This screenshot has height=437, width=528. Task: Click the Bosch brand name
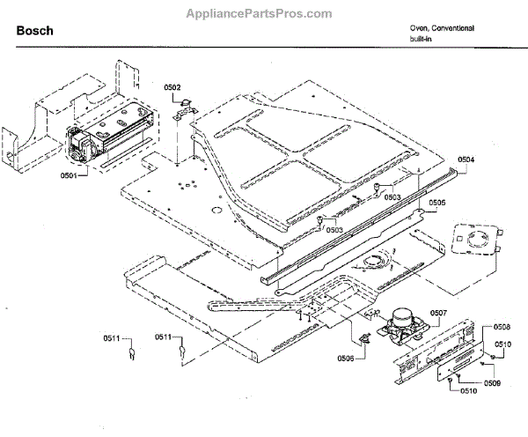pos(35,31)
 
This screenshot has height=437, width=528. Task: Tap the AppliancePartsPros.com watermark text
pos(260,14)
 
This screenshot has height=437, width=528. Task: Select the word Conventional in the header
pos(454,28)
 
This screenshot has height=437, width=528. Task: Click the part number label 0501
pos(69,175)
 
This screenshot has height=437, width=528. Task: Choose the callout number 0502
pos(172,86)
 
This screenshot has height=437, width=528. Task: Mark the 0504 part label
pos(466,159)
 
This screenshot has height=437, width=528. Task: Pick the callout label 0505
pos(437,204)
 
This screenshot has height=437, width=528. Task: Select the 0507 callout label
pos(438,313)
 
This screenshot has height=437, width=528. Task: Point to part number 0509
pos(492,382)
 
